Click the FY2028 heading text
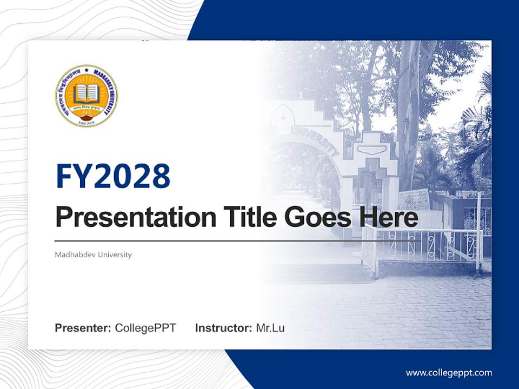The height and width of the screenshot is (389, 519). tap(113, 177)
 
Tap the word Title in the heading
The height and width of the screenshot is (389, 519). tap(246, 218)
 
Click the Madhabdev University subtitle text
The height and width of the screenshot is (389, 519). tap(93, 254)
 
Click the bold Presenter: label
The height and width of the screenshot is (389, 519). tap(83, 328)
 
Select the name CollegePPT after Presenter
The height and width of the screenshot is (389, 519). tap(145, 328)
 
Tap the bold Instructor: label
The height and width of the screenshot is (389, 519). tap(223, 328)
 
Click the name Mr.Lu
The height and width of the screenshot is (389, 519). tap(270, 328)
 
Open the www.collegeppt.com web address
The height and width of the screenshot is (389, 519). tap(449, 373)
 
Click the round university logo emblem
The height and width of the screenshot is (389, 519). tap(86, 96)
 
